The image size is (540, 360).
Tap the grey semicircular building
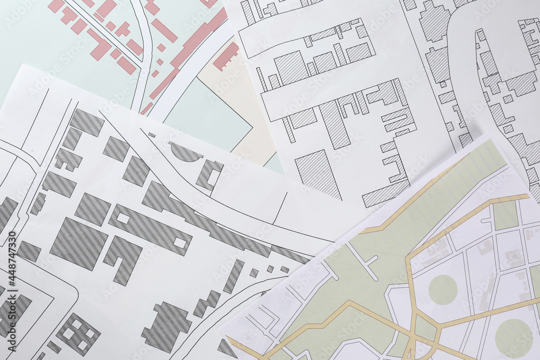point(185,152)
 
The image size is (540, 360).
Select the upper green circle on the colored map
point(443,289)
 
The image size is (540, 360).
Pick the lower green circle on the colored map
point(514,338)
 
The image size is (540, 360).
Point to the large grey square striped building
point(79,244)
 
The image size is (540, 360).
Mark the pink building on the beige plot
point(226,56)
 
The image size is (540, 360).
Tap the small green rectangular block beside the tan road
point(505,215)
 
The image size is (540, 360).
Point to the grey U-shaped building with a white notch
point(208,174)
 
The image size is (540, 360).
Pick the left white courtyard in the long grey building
point(123,218)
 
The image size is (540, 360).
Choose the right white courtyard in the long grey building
point(180,243)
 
